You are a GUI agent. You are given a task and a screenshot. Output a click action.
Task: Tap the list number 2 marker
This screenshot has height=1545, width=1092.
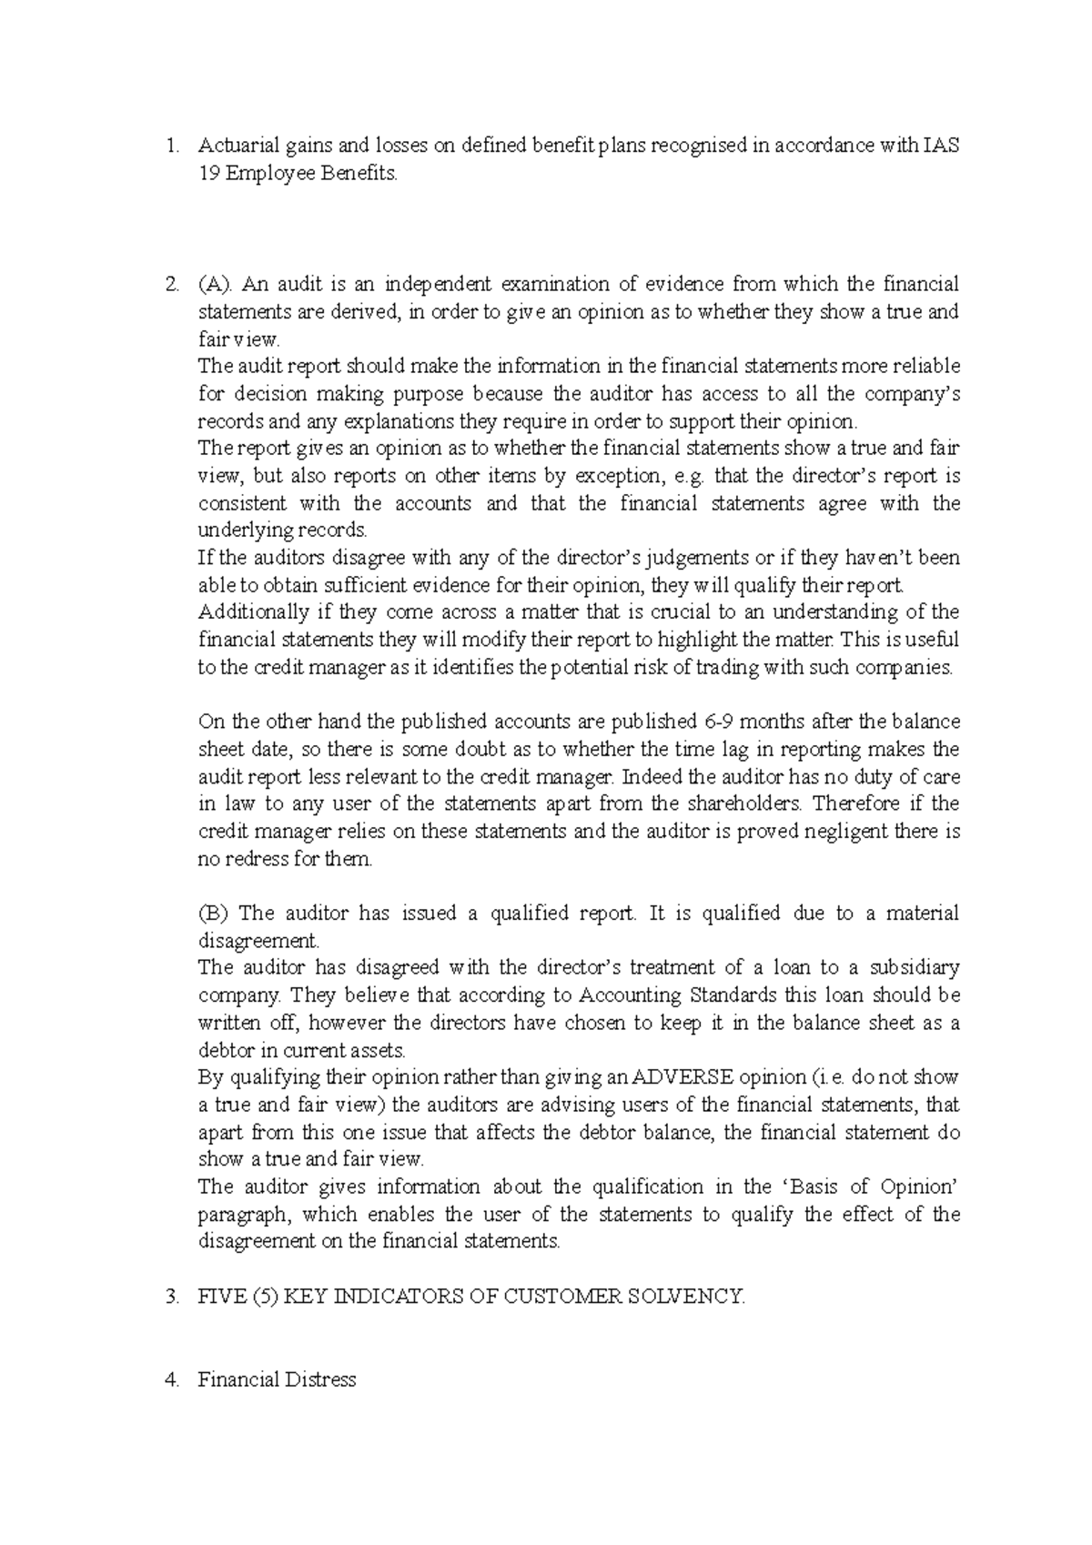pos(172,285)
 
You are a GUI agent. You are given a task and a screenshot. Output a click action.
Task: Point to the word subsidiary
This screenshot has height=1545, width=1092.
pos(915,968)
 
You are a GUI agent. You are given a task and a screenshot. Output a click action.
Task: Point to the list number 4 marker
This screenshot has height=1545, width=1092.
pos(172,1379)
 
